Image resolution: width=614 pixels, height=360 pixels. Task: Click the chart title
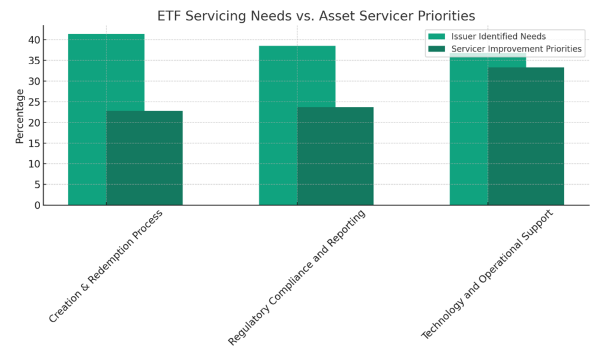pos(316,16)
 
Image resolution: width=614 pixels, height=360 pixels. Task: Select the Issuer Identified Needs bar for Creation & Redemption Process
pos(88,120)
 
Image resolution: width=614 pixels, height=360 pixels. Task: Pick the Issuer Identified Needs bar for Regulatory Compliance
pos(278,126)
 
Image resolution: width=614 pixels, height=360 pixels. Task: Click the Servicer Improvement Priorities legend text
pos(516,49)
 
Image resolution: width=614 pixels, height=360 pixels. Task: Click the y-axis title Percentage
pos(20,116)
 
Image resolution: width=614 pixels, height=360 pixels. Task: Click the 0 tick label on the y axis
pos(37,205)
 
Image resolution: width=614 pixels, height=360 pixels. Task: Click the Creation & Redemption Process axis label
pos(106,266)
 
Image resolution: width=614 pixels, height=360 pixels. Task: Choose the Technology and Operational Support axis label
pos(487,274)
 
